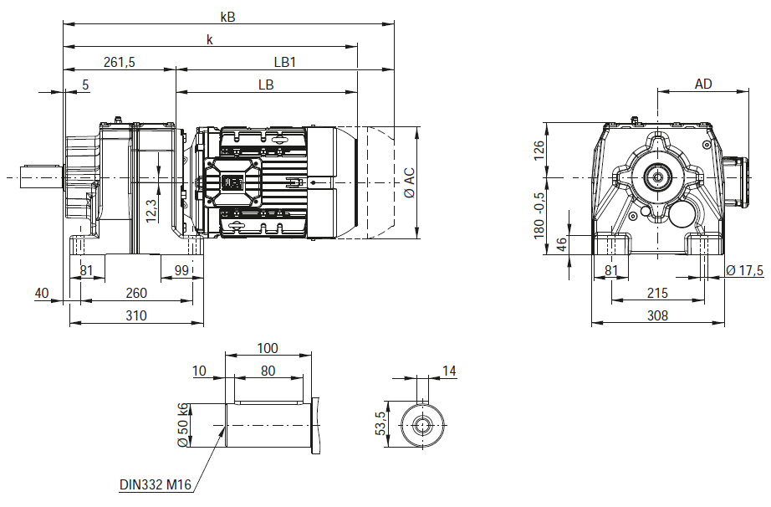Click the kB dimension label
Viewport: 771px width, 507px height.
click(228, 18)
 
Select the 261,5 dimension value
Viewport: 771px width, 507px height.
click(119, 63)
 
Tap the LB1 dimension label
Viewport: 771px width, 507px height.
click(284, 63)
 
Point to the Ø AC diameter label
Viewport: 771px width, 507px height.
click(409, 183)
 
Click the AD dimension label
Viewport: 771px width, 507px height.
click(703, 84)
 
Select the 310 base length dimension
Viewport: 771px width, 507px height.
click(135, 315)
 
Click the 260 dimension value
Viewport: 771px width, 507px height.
click(136, 293)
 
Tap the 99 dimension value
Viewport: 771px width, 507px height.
click(181, 270)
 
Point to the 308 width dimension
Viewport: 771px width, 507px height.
click(657, 315)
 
